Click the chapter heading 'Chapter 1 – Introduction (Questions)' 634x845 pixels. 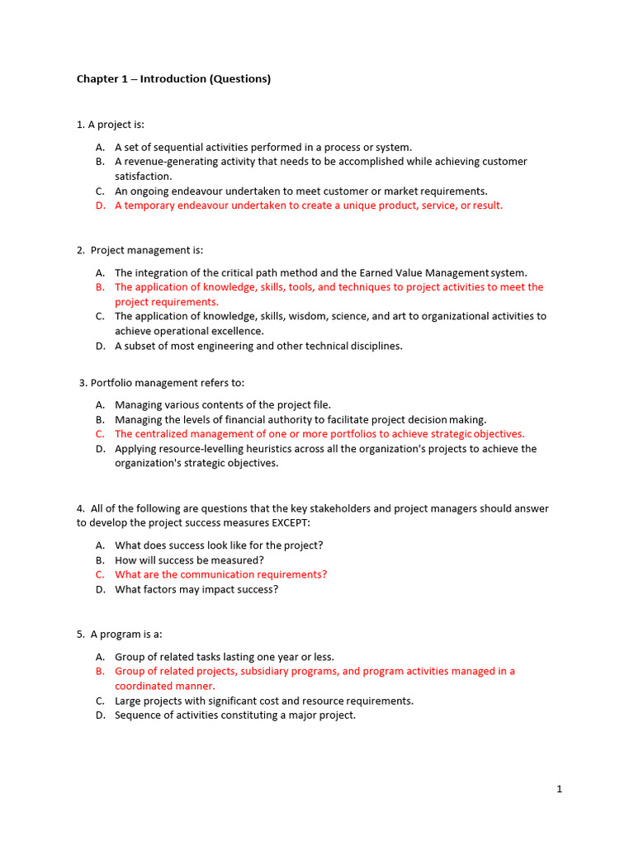(x=173, y=79)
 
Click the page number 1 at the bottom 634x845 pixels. (x=559, y=789)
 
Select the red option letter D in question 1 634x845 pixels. (x=99, y=205)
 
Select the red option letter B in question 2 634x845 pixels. (x=99, y=287)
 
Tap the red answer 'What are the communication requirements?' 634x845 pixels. (x=220, y=574)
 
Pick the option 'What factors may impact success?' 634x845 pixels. (x=196, y=589)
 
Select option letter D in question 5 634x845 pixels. (x=99, y=715)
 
